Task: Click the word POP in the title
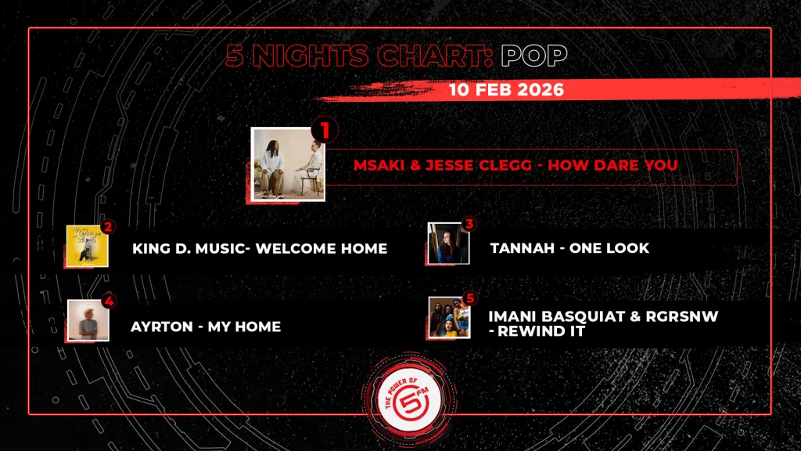pyautogui.click(x=533, y=56)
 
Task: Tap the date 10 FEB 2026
pyautogui.click(x=506, y=90)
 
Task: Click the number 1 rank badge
pyautogui.click(x=325, y=130)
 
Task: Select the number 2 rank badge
pyautogui.click(x=107, y=226)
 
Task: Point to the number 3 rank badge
pyautogui.click(x=469, y=223)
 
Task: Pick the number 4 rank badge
pyautogui.click(x=109, y=301)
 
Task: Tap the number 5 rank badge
pyautogui.click(x=470, y=298)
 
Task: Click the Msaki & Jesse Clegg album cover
pyautogui.click(x=288, y=164)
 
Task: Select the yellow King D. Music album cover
pyautogui.click(x=88, y=246)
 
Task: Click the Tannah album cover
pyautogui.click(x=448, y=244)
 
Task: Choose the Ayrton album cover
pyautogui.click(x=88, y=320)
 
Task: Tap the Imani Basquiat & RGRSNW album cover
pyautogui.click(x=450, y=318)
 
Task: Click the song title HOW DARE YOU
pyautogui.click(x=612, y=165)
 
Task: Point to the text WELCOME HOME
pyautogui.click(x=321, y=248)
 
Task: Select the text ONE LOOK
pyautogui.click(x=609, y=248)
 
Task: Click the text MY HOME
pyautogui.click(x=244, y=327)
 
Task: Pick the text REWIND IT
pyautogui.click(x=541, y=331)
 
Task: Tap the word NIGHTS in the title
pyautogui.click(x=310, y=56)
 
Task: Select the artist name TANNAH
pyautogui.click(x=522, y=248)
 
